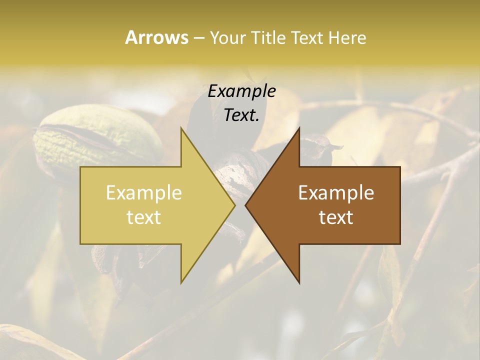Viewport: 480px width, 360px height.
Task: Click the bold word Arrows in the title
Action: point(156,37)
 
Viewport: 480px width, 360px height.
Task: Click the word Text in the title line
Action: point(308,37)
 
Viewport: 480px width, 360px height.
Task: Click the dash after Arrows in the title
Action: point(198,38)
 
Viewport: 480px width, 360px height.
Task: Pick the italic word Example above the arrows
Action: point(241,91)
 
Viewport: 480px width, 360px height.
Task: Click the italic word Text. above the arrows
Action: point(241,115)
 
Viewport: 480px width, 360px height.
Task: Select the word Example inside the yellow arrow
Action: point(144,193)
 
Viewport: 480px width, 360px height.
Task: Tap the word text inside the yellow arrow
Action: point(144,217)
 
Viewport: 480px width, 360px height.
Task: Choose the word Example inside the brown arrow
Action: point(336,193)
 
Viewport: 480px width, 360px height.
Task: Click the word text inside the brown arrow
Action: point(336,217)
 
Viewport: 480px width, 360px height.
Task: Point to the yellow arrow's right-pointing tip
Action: point(234,205)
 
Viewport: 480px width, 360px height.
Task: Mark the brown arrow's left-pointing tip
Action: point(246,205)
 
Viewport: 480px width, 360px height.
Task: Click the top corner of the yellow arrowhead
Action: point(181,128)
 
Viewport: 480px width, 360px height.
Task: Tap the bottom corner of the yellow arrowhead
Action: point(181,282)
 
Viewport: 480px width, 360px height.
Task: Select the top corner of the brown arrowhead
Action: point(299,128)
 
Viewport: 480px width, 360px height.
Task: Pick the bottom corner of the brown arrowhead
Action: point(299,282)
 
